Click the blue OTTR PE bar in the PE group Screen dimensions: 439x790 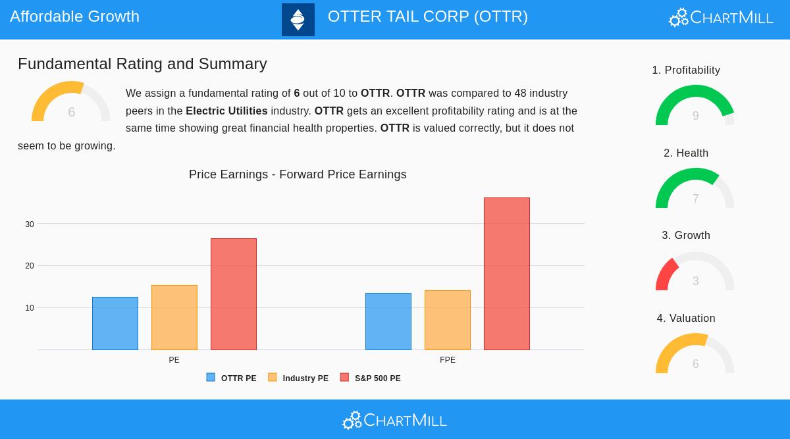tap(115, 323)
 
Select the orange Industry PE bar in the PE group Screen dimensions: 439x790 tap(174, 317)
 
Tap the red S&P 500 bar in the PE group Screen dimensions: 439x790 tap(234, 294)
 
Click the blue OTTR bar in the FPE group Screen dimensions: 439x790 tap(388, 321)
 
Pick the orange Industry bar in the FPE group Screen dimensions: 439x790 tap(448, 320)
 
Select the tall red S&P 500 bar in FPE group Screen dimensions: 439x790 tap(507, 274)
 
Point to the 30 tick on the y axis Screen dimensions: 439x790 tap(30, 224)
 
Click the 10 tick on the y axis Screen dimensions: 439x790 tap(30, 308)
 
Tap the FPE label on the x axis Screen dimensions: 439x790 tap(448, 360)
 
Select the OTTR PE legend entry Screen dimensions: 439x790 tap(232, 378)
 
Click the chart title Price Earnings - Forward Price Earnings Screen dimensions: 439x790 tap(298, 174)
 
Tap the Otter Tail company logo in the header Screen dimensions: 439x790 tap(298, 20)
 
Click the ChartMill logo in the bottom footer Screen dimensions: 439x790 tap(395, 420)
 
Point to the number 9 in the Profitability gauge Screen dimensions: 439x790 tap(695, 116)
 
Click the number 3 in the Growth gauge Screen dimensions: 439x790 tap(695, 281)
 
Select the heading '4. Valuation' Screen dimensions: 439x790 tap(686, 319)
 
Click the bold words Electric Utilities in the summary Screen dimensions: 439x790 tap(226, 111)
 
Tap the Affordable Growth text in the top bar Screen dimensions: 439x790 tap(74, 16)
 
